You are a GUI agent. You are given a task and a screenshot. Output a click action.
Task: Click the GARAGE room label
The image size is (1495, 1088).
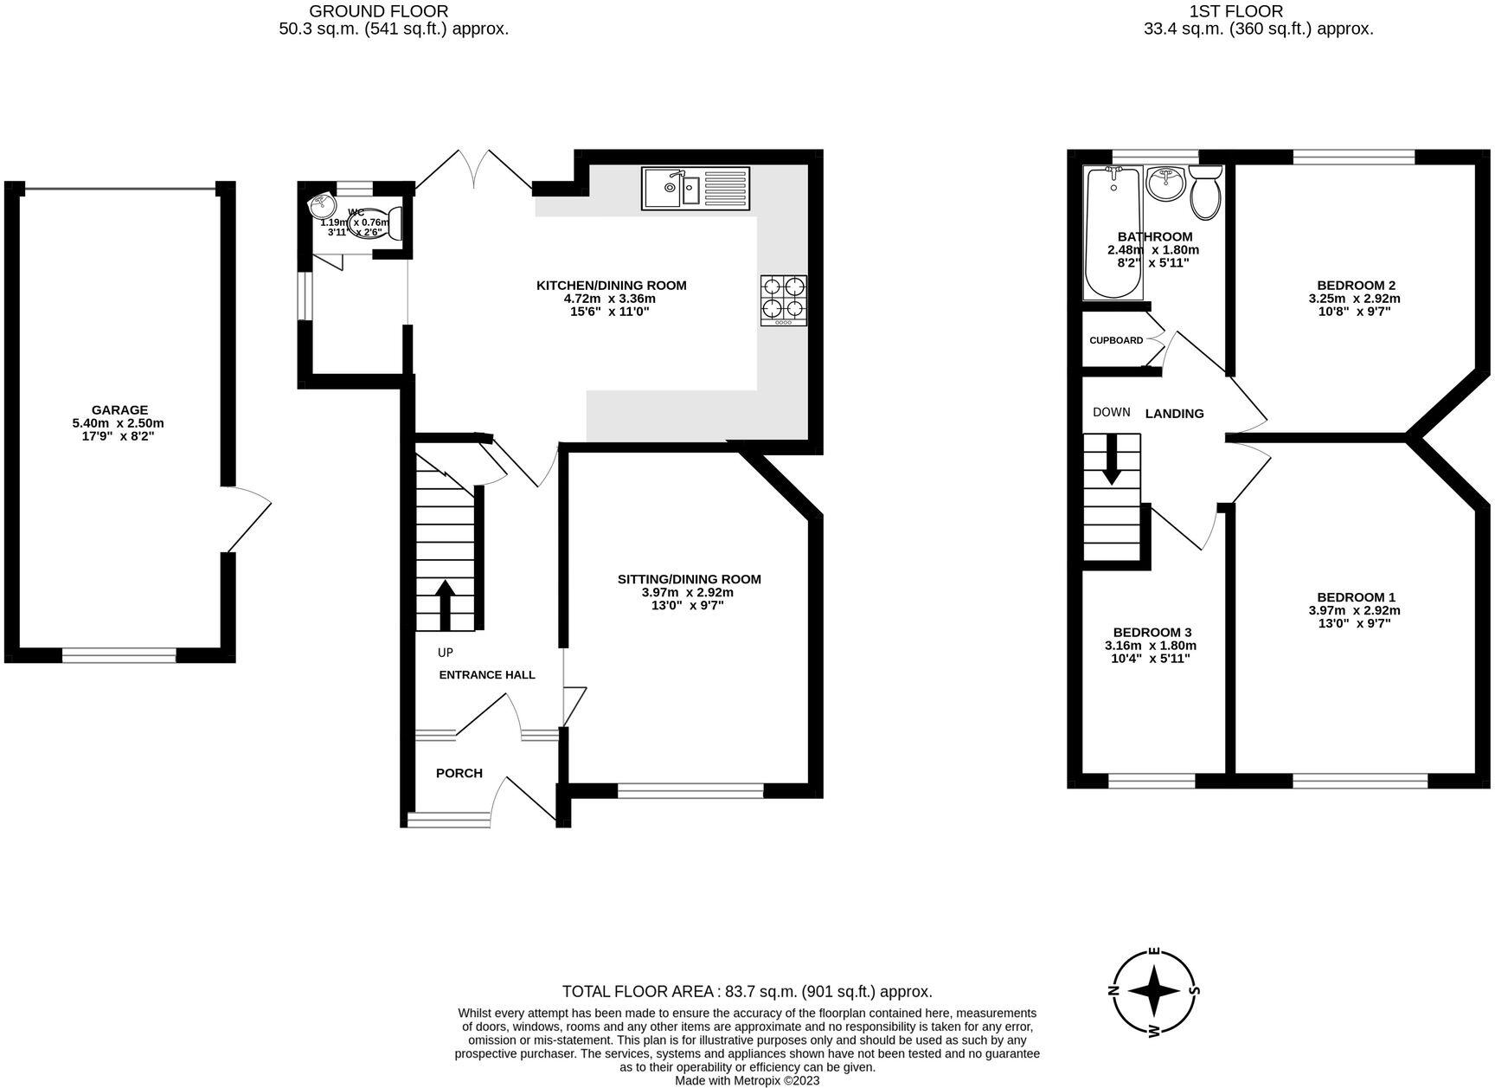point(119,410)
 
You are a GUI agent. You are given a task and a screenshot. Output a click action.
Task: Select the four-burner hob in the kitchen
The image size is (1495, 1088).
point(784,299)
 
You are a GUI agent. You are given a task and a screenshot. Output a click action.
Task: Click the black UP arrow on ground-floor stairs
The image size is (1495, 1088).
point(445,605)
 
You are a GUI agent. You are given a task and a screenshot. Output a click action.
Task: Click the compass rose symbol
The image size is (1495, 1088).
point(1154,991)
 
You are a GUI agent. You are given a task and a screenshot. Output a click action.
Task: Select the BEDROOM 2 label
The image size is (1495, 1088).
point(1356,286)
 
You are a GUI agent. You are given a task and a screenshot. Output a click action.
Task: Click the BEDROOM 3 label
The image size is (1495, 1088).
point(1152,633)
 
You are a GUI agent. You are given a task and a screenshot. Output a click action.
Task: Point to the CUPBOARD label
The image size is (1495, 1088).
point(1115,340)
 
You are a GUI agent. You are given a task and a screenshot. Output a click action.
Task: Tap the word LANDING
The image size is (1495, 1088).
point(1174,414)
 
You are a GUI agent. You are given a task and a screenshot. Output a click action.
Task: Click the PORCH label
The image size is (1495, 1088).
point(459,773)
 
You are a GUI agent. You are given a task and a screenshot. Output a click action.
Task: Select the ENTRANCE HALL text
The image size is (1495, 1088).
point(487,675)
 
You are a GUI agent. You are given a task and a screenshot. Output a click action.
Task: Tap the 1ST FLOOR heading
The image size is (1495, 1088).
point(1260,11)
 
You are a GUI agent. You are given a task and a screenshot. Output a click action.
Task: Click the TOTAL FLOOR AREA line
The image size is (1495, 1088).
point(747,992)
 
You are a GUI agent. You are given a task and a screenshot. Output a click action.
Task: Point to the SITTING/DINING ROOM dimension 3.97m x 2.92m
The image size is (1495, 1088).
point(687,593)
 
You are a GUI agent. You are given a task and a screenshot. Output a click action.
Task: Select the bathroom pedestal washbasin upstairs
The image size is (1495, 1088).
point(1165,184)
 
